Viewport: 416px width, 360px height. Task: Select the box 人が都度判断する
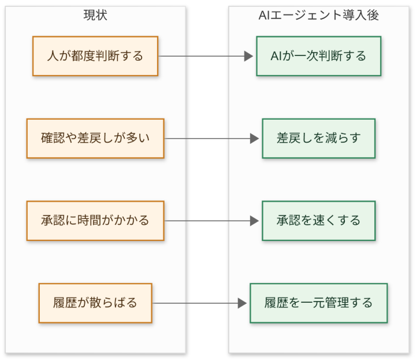pos(95,56)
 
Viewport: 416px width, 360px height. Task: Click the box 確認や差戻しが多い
pos(95,139)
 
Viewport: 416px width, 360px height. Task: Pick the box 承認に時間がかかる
pos(95,221)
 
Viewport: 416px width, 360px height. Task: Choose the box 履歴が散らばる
pos(95,303)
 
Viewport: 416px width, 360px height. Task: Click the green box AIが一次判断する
pos(318,56)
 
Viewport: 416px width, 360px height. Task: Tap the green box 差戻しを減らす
pos(318,139)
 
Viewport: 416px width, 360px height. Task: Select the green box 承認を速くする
pos(318,221)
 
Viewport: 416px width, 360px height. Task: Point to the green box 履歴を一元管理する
pos(318,303)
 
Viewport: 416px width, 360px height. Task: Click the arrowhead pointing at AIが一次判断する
pos(249,56)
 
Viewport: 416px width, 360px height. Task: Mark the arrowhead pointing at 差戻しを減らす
pos(255,139)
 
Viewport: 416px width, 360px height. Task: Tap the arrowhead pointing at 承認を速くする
pos(255,221)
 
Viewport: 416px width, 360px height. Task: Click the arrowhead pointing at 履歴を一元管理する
pos(243,303)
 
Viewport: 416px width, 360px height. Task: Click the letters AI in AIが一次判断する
pos(276,56)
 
